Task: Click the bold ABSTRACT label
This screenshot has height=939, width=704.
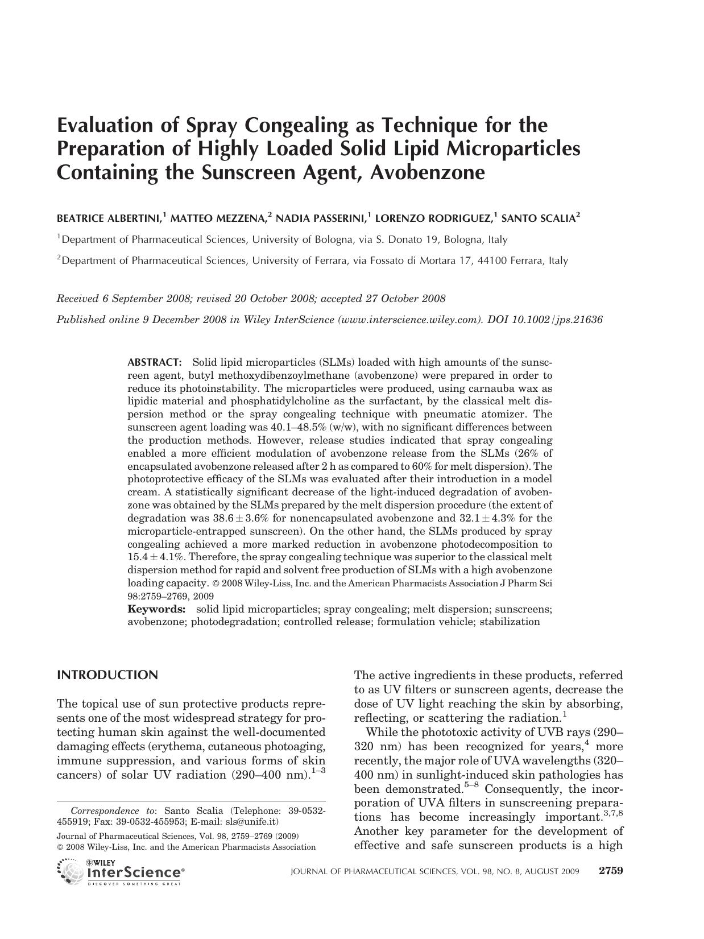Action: click(x=154, y=362)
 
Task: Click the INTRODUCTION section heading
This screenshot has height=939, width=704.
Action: click(x=107, y=675)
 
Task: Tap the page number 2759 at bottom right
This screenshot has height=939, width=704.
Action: click(x=611, y=871)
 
